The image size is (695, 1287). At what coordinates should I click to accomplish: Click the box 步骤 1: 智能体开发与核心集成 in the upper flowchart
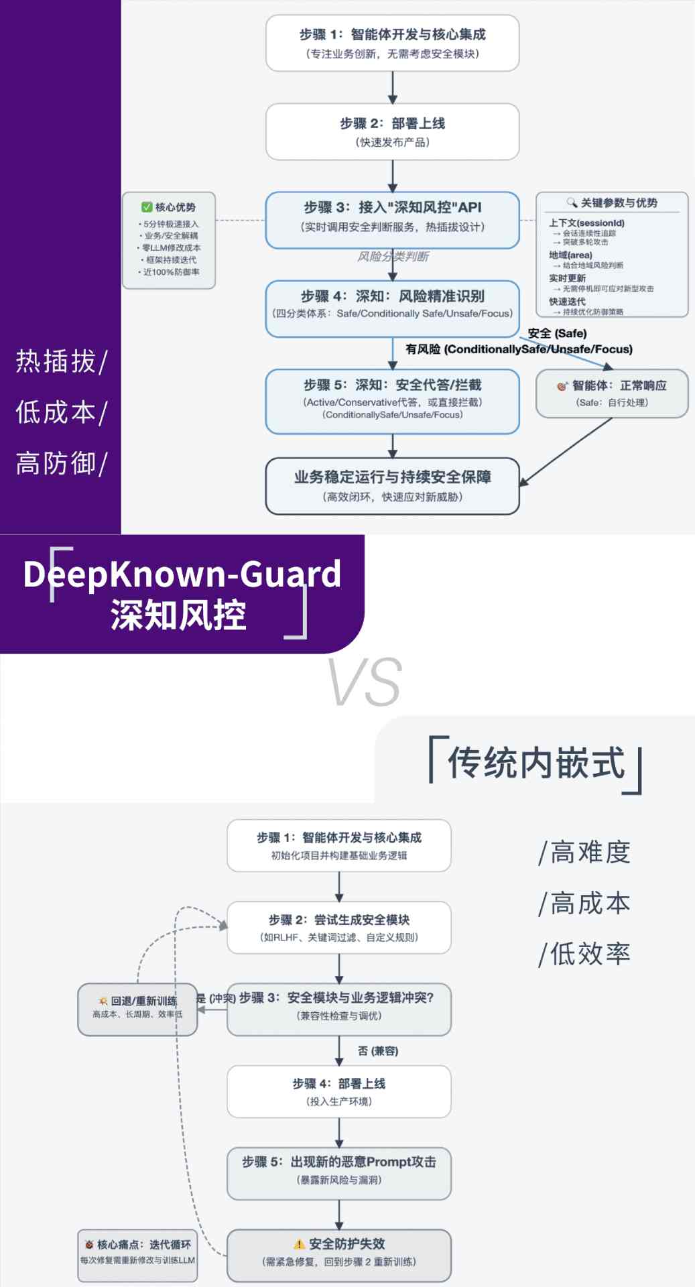coord(392,43)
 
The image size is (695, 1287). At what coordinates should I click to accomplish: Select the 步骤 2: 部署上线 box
coord(392,131)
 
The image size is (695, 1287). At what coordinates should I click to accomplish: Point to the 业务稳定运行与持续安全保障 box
coord(392,486)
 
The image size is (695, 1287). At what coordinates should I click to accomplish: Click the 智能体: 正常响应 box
coord(612,393)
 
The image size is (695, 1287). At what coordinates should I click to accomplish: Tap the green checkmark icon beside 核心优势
coord(147,207)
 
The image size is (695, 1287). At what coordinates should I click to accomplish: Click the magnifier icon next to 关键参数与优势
coord(572,202)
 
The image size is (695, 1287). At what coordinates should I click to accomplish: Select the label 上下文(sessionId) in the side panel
coord(586,223)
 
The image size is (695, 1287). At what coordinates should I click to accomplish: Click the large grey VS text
coord(365,682)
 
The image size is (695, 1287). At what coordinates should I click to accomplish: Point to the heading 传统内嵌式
coord(535,763)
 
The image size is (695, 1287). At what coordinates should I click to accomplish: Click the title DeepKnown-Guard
coord(182,574)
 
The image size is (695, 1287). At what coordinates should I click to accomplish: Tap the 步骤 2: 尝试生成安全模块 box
coord(338,928)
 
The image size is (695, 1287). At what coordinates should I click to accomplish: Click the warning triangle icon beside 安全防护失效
coord(300,1244)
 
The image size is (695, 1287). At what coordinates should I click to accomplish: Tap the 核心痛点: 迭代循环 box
coord(137,1255)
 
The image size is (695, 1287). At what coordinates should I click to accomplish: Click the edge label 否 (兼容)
coord(378,1050)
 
